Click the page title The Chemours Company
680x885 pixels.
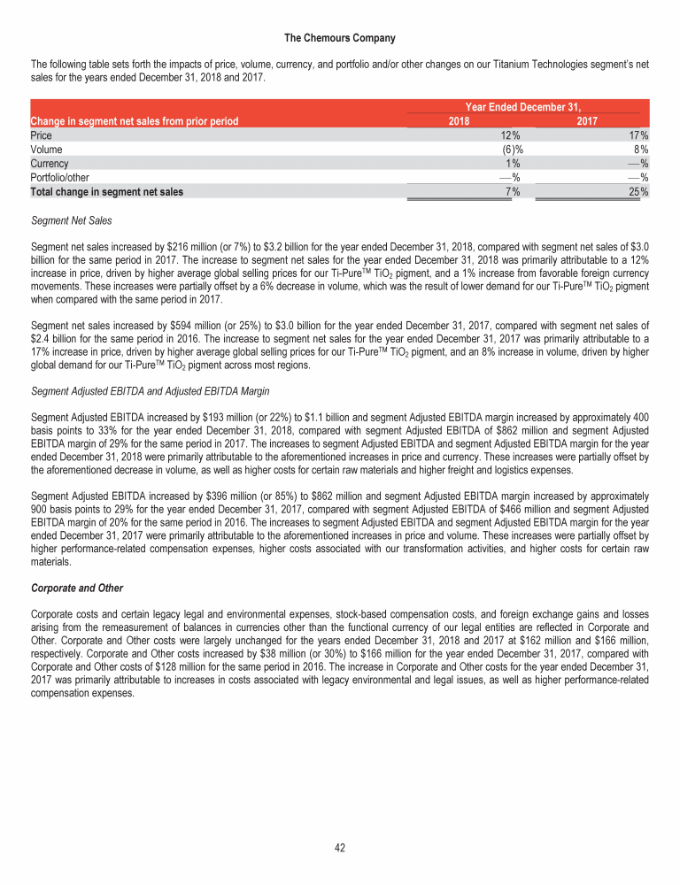click(x=340, y=38)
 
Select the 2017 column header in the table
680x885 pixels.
click(x=587, y=120)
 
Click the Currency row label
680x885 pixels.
click(x=50, y=164)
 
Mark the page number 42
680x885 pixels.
click(x=340, y=847)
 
